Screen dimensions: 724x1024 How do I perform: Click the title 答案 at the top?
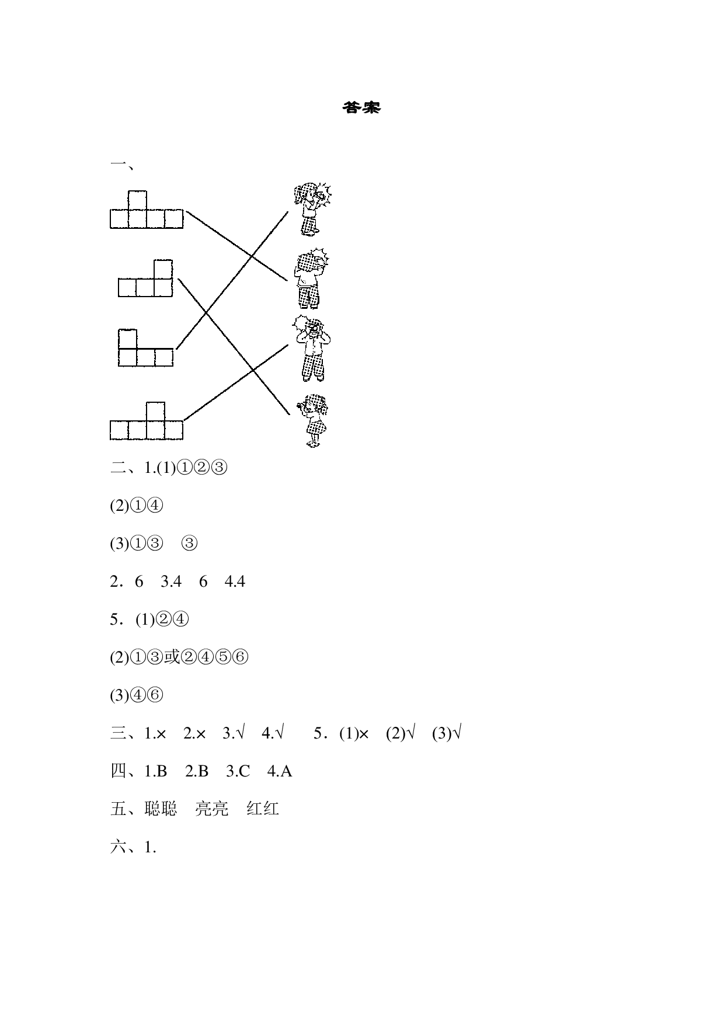point(361,108)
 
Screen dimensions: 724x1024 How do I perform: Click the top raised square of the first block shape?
point(137,200)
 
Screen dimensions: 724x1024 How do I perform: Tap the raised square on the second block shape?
point(163,269)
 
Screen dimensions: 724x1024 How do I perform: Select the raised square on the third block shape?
point(127,339)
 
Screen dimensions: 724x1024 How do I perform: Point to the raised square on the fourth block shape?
point(155,411)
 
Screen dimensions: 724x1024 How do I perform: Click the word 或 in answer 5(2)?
point(171,657)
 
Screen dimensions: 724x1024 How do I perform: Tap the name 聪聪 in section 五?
point(161,809)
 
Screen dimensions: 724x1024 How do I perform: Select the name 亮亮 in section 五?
point(211,809)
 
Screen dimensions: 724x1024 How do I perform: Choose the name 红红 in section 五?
point(263,809)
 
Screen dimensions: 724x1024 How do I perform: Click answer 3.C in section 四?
point(238,772)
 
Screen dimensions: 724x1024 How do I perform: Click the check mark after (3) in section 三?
point(457,733)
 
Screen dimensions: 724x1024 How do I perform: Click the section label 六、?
point(123,847)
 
